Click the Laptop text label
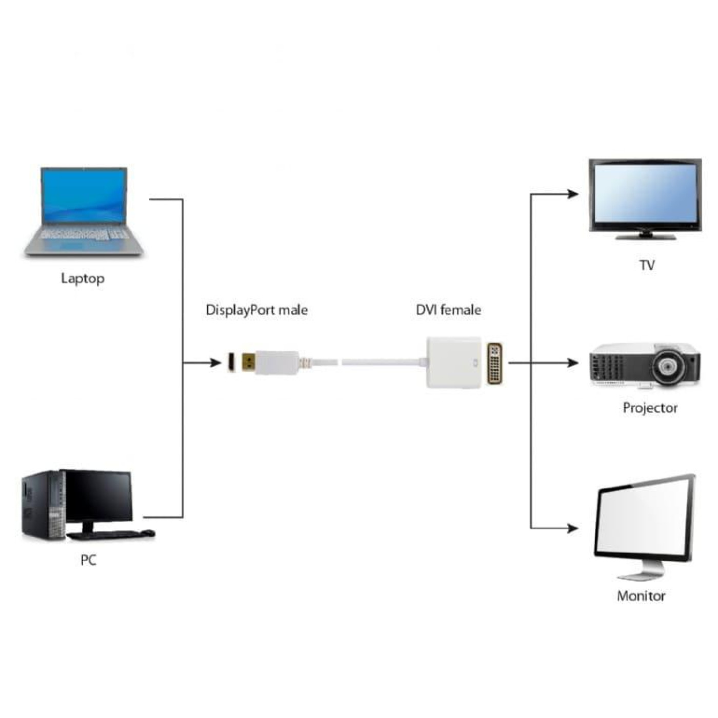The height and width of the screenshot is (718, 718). [x=83, y=278]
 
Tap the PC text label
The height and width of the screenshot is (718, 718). [x=88, y=560]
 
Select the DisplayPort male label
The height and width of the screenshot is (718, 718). [x=256, y=310]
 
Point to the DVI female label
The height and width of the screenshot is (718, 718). [x=448, y=310]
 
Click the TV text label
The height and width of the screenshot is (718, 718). [x=647, y=265]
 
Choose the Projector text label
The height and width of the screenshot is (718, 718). [x=650, y=408]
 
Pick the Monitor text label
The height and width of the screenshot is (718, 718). [x=641, y=595]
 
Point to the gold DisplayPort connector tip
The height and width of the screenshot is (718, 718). [x=248, y=363]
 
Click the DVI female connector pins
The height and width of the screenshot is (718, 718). [x=494, y=364]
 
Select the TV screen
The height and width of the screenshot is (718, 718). [x=644, y=194]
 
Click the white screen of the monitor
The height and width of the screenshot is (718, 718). [x=644, y=520]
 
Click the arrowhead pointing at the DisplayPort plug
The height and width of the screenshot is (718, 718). [x=215, y=363]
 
